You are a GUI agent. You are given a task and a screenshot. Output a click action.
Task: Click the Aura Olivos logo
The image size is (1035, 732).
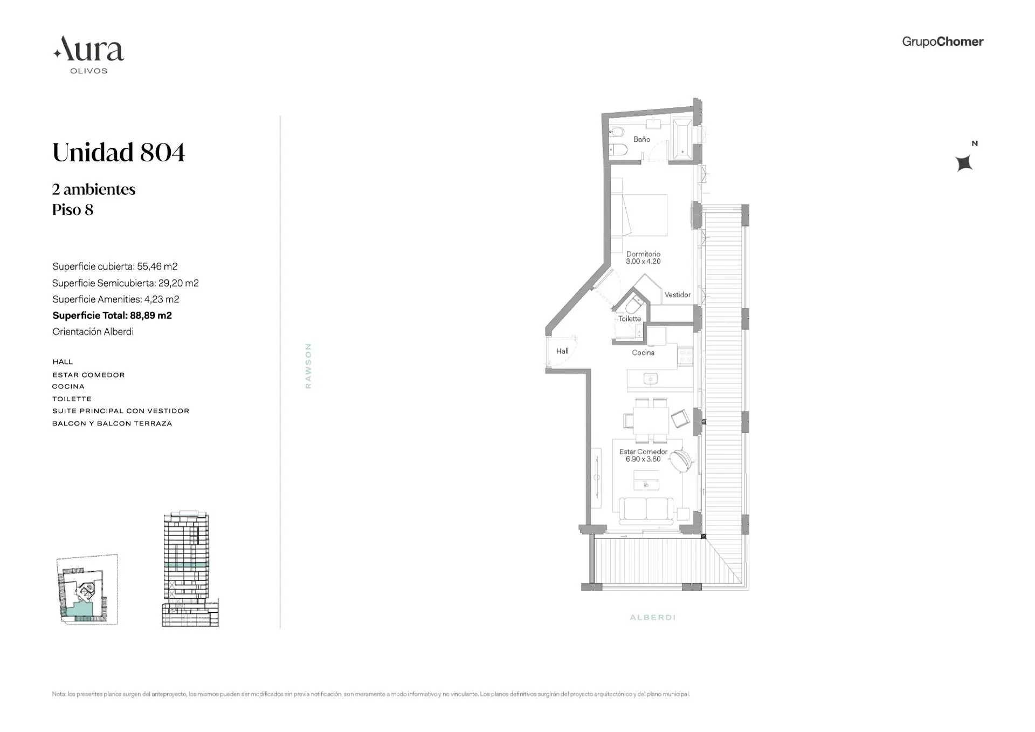(x=89, y=54)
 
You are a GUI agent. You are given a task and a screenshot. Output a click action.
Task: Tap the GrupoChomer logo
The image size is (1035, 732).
(x=942, y=42)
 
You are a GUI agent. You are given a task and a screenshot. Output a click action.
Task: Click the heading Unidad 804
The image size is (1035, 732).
(x=119, y=153)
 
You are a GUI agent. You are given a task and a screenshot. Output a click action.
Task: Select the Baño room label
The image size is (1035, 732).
(x=641, y=139)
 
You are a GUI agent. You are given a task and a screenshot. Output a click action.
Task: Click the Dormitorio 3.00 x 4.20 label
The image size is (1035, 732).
(x=643, y=257)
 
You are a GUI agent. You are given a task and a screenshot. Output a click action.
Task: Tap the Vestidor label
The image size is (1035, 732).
(x=677, y=295)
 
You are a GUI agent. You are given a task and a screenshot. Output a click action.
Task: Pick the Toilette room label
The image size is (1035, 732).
(x=630, y=319)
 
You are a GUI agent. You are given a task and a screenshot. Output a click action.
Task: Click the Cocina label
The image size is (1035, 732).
(x=643, y=353)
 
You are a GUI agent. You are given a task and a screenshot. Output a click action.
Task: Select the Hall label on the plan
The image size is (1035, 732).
(x=562, y=351)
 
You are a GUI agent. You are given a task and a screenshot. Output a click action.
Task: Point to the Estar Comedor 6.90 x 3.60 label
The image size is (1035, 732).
(x=643, y=455)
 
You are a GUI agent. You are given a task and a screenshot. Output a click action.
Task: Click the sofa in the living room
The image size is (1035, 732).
(x=646, y=510)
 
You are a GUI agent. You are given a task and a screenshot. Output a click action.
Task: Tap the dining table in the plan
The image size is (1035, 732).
(x=651, y=420)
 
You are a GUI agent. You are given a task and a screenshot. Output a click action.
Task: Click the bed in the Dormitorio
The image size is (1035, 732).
(x=645, y=215)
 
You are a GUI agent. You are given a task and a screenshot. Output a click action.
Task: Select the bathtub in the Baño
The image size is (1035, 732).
(x=682, y=140)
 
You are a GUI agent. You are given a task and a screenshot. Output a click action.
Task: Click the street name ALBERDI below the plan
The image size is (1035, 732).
(x=652, y=617)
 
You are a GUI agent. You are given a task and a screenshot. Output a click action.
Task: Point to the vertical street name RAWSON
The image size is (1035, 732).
(x=308, y=366)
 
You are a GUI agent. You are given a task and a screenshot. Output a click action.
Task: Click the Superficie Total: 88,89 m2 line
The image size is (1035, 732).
(x=112, y=316)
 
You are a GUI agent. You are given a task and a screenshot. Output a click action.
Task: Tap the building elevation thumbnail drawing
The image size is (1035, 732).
(x=189, y=569)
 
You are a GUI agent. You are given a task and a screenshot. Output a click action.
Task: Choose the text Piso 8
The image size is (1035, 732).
(x=73, y=210)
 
